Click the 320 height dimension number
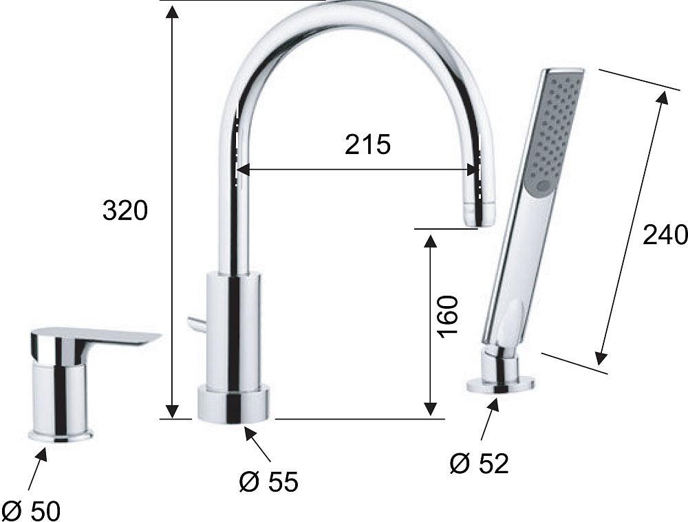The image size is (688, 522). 125,210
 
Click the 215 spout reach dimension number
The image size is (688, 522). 367,144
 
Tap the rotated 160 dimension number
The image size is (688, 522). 448,316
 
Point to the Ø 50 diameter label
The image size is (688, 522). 34,510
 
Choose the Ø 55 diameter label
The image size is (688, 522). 268,481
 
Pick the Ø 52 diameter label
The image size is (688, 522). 479,464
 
